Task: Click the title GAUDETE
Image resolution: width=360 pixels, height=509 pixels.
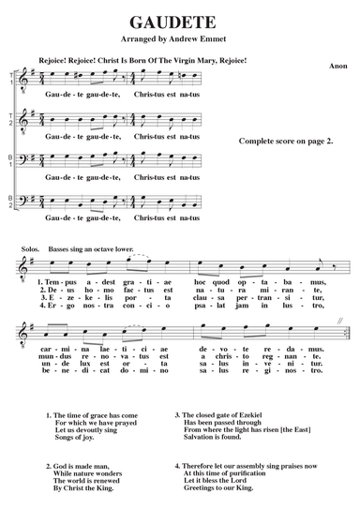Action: point(179,21)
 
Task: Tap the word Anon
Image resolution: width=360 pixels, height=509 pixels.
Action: point(338,67)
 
